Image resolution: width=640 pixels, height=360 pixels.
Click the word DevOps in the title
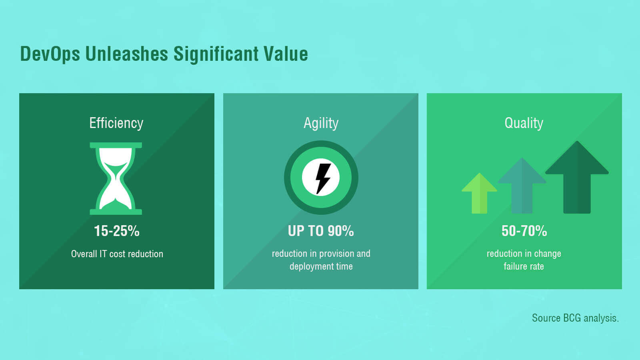click(50, 54)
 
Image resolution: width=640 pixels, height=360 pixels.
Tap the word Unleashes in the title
click(126, 54)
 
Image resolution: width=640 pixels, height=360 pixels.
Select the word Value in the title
click(286, 54)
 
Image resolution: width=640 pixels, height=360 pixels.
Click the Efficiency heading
click(116, 124)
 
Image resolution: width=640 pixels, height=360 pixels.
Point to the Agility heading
click(321, 124)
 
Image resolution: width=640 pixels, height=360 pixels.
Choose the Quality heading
click(524, 124)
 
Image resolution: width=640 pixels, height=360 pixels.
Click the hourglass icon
click(116, 178)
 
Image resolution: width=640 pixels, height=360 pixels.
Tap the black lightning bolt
click(323, 178)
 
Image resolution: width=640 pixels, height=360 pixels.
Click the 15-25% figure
click(116, 231)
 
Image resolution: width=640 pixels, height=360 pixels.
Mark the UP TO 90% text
click(321, 231)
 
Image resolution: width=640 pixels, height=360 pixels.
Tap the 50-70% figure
click(524, 231)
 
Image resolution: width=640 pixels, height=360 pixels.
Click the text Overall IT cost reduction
click(117, 254)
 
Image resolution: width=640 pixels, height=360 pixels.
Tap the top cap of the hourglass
click(116, 145)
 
